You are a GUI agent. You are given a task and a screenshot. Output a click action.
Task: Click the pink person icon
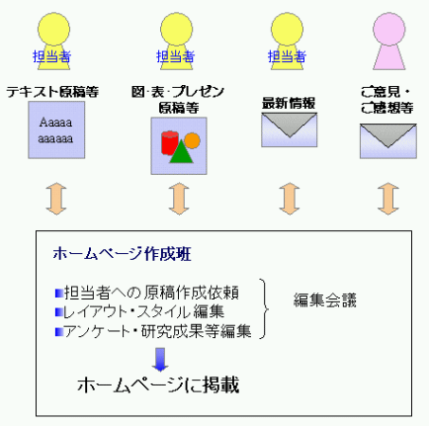pyautogui.click(x=388, y=42)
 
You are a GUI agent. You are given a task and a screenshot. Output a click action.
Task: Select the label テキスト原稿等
pyautogui.click(x=52, y=92)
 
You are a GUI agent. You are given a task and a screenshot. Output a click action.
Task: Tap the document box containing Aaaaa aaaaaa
pyautogui.click(x=56, y=129)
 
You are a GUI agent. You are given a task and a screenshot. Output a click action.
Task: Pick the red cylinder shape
pyautogui.click(x=169, y=142)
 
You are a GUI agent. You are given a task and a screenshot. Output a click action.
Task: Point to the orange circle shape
pyautogui.click(x=192, y=140)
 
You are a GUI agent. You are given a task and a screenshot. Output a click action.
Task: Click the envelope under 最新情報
pyautogui.click(x=290, y=129)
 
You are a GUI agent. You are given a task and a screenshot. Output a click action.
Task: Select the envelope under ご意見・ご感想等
pyautogui.click(x=388, y=141)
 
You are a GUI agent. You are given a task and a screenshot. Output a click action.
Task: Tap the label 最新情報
pyautogui.click(x=289, y=104)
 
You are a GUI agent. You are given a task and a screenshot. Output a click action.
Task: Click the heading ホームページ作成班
pyautogui.click(x=122, y=254)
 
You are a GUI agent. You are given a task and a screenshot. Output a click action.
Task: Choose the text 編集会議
pyautogui.click(x=325, y=300)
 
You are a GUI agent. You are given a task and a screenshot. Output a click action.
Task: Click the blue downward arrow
pyautogui.click(x=160, y=360)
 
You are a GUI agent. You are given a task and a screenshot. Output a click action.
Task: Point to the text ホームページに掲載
pyautogui.click(x=158, y=384)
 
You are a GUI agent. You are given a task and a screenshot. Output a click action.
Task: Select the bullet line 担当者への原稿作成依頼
pyautogui.click(x=147, y=293)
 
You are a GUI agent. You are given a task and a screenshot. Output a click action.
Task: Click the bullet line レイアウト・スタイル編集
pyautogui.click(x=139, y=311)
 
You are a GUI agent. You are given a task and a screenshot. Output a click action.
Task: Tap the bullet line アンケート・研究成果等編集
pyautogui.click(x=153, y=331)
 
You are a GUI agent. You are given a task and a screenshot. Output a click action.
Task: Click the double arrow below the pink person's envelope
pyautogui.click(x=388, y=199)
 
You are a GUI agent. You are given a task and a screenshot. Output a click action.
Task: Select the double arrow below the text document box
pyautogui.click(x=56, y=199)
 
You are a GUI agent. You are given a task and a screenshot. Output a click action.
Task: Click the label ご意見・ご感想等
pyautogui.click(x=386, y=100)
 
